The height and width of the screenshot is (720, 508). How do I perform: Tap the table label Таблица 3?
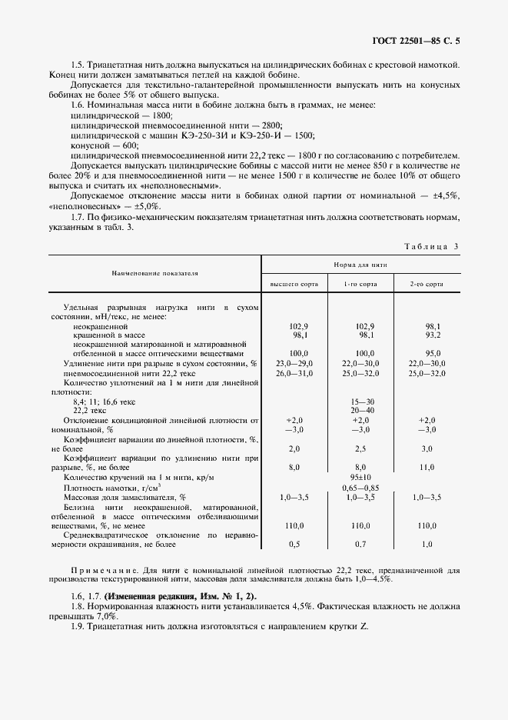[430, 246]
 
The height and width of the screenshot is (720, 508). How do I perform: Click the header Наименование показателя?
[154, 272]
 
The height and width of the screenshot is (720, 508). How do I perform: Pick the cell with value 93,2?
[433, 335]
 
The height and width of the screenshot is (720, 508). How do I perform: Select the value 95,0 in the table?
[433, 353]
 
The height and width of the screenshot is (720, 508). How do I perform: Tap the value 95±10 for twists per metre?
[361, 477]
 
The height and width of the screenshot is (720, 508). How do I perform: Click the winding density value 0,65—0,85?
[361, 488]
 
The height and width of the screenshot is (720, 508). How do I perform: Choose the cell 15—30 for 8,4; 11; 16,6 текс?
[361, 402]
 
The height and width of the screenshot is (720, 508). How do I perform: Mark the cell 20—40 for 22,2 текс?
[361, 411]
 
